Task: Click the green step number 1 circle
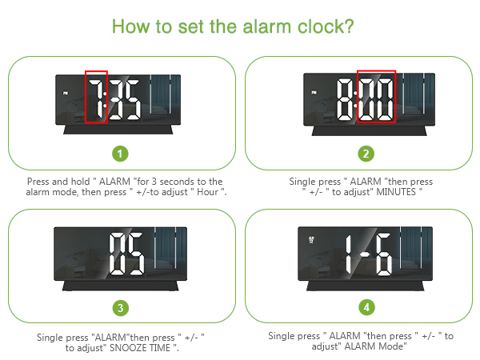120,153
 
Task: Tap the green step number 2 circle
366,153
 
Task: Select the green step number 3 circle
120,306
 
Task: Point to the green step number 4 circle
366,306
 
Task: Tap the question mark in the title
349,26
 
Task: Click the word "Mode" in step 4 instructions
391,347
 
